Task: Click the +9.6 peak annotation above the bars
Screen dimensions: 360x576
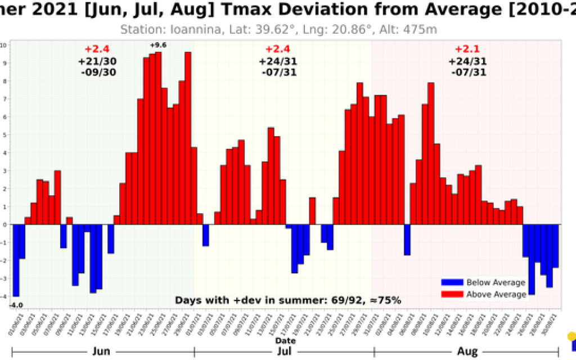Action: [158, 46]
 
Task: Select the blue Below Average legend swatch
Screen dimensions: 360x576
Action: [452, 283]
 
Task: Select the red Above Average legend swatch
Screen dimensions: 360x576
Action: [452, 294]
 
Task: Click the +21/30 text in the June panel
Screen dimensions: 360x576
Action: [96, 61]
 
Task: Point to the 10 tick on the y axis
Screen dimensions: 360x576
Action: [3, 45]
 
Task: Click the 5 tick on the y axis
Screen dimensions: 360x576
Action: [4, 135]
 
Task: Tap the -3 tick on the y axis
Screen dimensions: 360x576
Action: [3, 278]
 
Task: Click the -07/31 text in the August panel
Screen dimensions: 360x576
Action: [468, 72]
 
